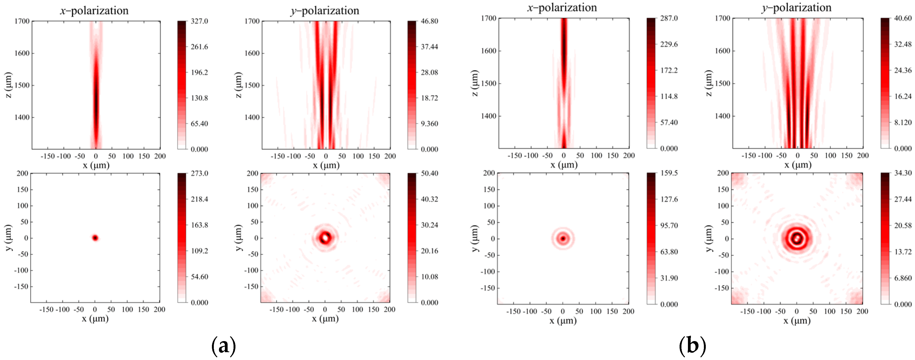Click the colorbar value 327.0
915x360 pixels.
tap(199, 21)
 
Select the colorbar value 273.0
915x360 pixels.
tap(199, 173)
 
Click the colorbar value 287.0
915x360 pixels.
tap(669, 18)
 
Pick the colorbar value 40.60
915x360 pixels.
tap(903, 18)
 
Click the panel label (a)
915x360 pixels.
tap(224, 345)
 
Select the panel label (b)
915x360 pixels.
tap(692, 345)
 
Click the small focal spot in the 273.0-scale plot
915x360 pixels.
tap(95, 238)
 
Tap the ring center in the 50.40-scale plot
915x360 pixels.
tap(325, 237)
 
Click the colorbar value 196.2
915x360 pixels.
tap(199, 72)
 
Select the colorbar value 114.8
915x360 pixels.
tap(669, 96)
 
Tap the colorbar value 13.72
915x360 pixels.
tap(903, 252)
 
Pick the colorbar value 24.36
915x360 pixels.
tap(903, 70)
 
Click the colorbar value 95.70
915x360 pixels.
tap(669, 226)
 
